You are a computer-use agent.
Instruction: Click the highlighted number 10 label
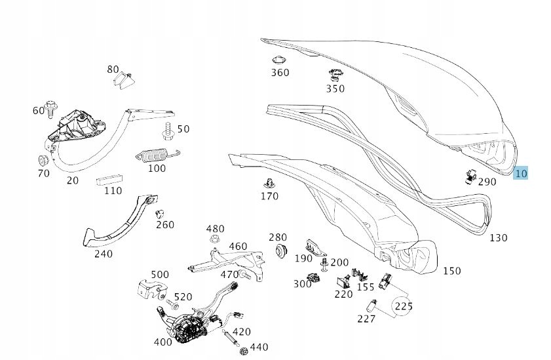(x=521, y=173)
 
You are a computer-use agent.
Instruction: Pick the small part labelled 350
(x=335, y=75)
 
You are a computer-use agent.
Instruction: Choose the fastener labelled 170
(x=268, y=182)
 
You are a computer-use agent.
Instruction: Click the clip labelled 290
(x=470, y=175)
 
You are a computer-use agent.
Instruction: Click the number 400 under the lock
(x=163, y=342)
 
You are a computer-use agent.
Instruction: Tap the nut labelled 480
(x=214, y=240)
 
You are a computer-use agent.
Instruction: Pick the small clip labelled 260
(x=158, y=213)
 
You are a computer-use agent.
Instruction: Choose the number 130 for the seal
(x=498, y=238)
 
